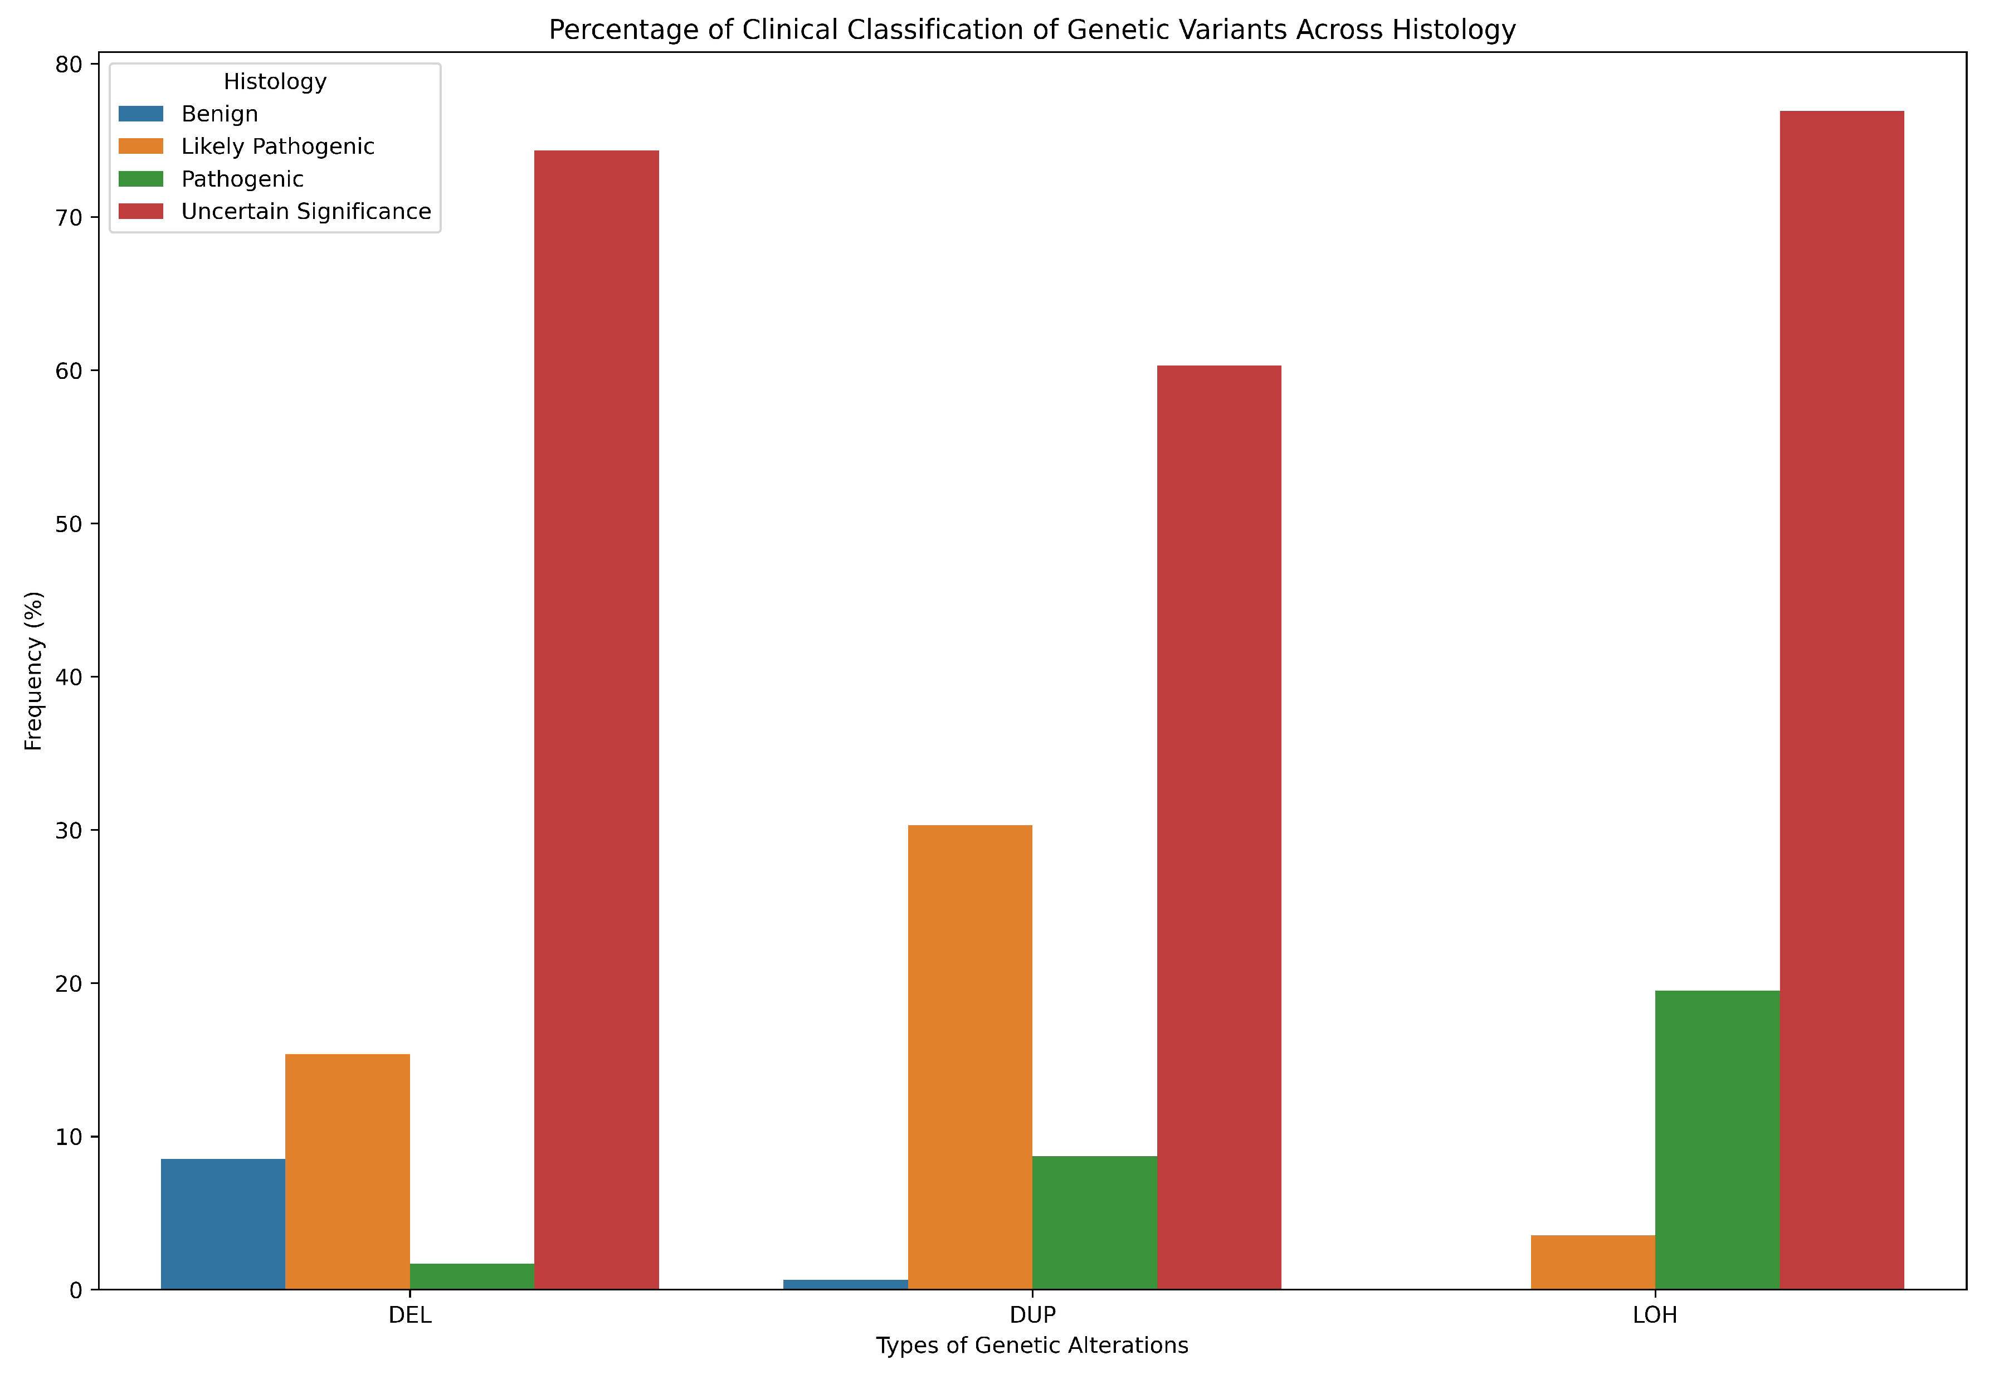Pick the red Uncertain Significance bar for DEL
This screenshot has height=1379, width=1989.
[x=596, y=720]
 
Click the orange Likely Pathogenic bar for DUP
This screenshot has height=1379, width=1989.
[x=969, y=1057]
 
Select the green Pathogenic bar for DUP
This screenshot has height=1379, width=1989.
[x=1094, y=1222]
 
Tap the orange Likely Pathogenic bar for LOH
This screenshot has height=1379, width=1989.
[x=1592, y=1263]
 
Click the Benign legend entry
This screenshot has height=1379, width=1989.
[x=220, y=114]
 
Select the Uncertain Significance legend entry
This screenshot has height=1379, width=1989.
[x=306, y=212]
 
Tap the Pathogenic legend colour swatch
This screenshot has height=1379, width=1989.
[x=141, y=179]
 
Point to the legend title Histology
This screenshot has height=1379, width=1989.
[x=275, y=81]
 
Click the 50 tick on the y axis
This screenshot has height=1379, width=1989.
[x=69, y=524]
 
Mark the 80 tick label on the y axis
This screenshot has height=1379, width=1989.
[x=69, y=65]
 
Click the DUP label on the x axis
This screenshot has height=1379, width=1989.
[x=1032, y=1315]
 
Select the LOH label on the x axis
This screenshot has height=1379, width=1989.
[x=1655, y=1315]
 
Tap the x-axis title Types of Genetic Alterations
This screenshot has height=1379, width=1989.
[x=1032, y=1346]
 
